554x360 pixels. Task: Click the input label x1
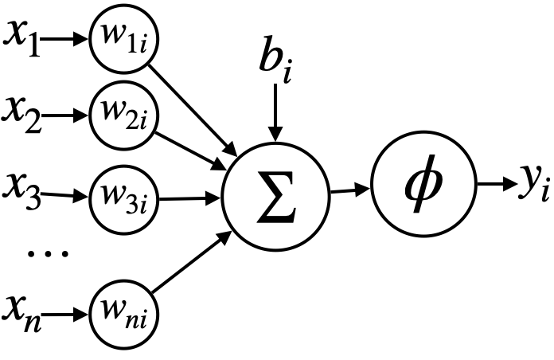coord(21,37)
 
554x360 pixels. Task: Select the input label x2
coord(23,112)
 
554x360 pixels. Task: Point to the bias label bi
coord(275,59)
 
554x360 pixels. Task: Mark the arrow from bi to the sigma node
coord(275,112)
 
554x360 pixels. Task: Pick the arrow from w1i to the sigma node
coord(196,108)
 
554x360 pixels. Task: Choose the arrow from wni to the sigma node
coord(196,264)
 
